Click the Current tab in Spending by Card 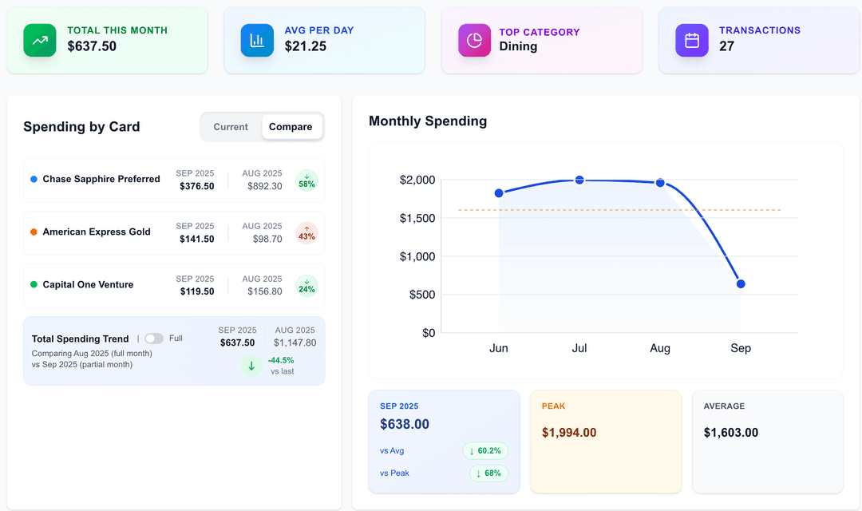[x=231, y=127]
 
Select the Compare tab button [x=291, y=127]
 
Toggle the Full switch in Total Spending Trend [x=154, y=339]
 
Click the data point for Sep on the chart [x=741, y=283]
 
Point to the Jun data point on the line [x=499, y=193]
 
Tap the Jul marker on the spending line [x=579, y=180]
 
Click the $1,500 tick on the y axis [x=417, y=218]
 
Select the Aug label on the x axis [x=660, y=348]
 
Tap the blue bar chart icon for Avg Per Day [x=257, y=40]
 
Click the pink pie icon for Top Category [x=474, y=40]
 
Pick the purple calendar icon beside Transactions [x=692, y=40]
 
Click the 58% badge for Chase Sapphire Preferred [x=306, y=180]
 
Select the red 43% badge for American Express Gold [x=306, y=233]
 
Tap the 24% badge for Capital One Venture [x=306, y=286]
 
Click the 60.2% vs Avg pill [x=485, y=451]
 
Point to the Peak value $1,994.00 [x=569, y=433]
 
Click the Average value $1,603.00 [x=731, y=433]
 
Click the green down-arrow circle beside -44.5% [x=251, y=366]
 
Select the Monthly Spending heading [x=428, y=121]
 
